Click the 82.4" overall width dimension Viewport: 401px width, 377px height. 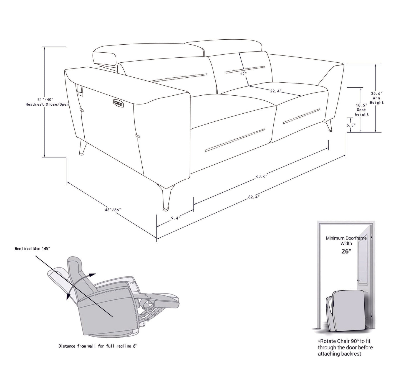254,197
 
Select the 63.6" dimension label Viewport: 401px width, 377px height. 262,176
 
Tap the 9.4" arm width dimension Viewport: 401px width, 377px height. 175,218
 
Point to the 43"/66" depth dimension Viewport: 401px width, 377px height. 113,210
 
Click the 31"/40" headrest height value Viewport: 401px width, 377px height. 45,99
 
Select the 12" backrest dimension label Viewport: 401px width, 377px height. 243,74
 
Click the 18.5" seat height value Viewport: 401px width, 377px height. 362,105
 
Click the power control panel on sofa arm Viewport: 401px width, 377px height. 119,103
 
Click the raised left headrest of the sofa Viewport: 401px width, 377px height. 105,56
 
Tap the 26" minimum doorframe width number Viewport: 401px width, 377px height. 346,251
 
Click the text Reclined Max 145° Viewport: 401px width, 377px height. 32,249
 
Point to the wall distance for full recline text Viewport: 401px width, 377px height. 98,346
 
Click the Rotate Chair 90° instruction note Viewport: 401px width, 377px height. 345,347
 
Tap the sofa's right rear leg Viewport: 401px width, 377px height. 329,126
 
